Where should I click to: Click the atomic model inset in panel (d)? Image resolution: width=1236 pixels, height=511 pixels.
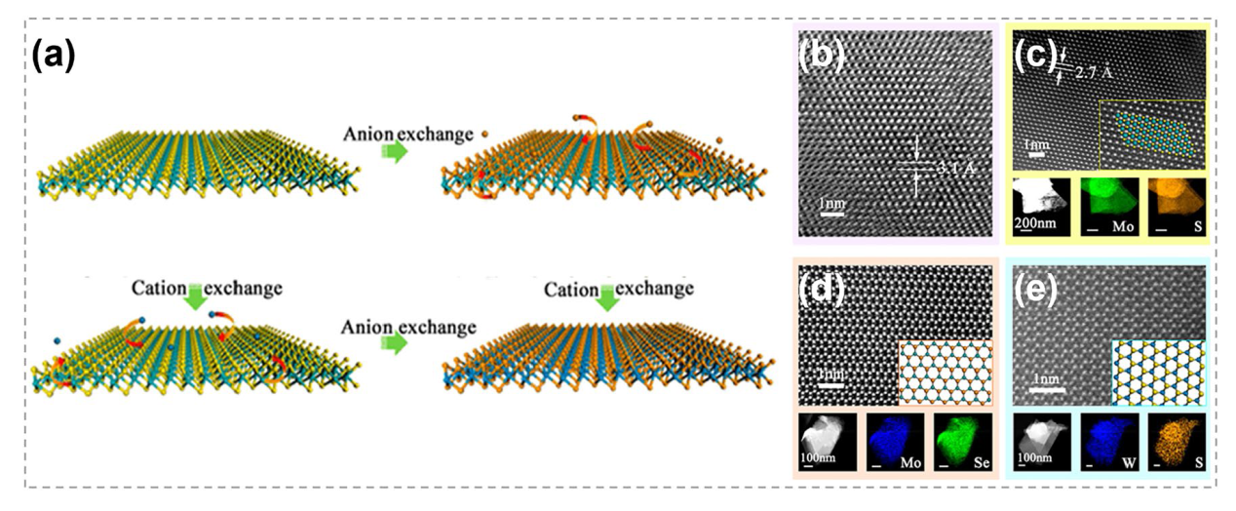point(945,372)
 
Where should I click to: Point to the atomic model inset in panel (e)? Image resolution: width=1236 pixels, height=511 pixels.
point(1158,371)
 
